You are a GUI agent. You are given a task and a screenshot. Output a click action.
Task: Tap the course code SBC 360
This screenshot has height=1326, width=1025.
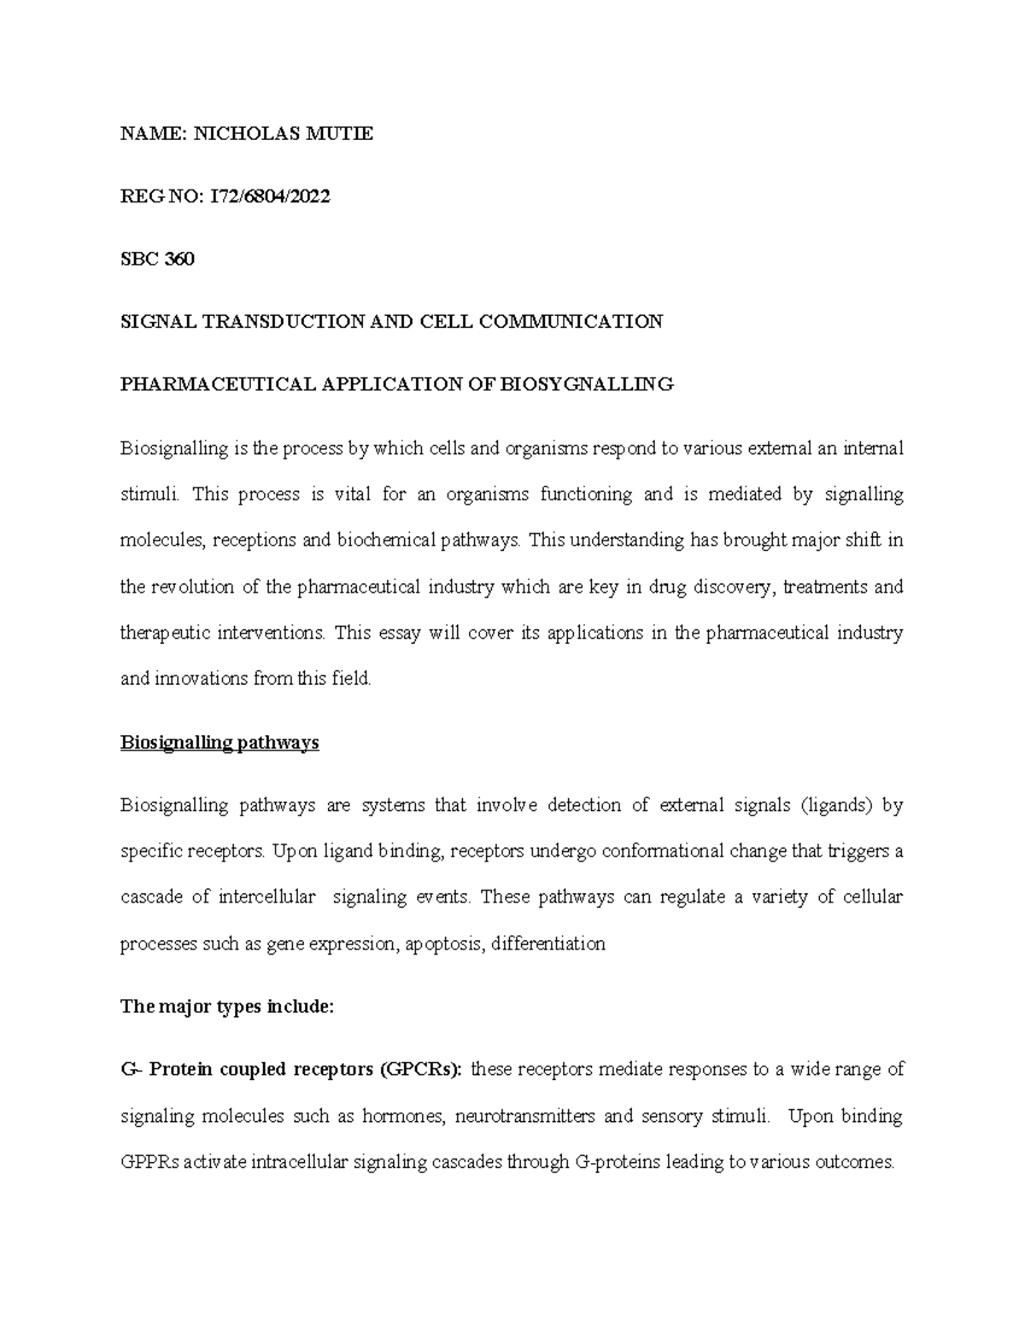(x=157, y=260)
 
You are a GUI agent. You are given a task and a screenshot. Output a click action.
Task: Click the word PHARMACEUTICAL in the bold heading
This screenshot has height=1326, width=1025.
(x=218, y=384)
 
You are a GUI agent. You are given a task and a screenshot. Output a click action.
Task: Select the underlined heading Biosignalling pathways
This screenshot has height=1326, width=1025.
(x=220, y=743)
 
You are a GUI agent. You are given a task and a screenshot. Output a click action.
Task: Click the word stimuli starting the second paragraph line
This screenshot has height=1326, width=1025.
(x=150, y=494)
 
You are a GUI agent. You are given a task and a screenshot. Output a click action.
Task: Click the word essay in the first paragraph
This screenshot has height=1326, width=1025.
(x=401, y=634)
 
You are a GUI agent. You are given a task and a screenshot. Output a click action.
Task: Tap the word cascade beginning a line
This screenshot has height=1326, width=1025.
(x=150, y=897)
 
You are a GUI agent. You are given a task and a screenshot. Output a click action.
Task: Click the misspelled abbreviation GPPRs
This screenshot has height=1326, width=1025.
(x=150, y=1162)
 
